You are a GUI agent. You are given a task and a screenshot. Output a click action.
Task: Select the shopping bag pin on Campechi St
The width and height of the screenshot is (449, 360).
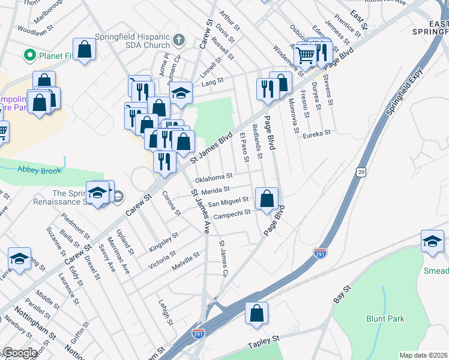(x=267, y=198)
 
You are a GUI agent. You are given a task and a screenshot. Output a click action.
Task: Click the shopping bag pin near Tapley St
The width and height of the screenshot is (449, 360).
(x=256, y=313)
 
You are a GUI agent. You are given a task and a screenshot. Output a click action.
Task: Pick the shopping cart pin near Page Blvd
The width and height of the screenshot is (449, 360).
(x=306, y=56)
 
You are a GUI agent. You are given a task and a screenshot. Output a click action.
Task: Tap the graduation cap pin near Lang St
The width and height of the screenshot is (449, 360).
(x=181, y=92)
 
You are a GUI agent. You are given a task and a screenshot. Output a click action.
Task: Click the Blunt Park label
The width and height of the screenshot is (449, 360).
(x=385, y=319)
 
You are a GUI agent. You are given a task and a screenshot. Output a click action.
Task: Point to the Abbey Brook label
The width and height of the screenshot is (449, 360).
(x=40, y=170)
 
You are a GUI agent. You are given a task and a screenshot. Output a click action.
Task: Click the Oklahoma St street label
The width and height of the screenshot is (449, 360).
(x=213, y=178)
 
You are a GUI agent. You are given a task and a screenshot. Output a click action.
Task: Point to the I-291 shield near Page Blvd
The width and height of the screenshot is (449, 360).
(x=321, y=254)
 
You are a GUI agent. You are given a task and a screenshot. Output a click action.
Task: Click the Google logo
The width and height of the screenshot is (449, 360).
(x=20, y=353)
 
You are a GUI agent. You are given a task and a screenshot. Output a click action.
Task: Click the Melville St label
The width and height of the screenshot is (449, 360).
(x=187, y=257)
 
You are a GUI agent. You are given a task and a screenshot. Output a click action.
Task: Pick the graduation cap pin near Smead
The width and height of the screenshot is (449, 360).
(x=432, y=240)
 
